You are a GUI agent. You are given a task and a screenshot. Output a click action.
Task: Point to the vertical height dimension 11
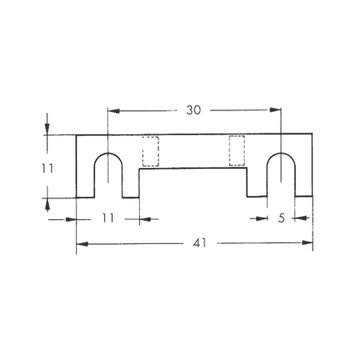coord(47,167)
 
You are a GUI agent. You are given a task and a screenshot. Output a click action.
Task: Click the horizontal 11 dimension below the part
coord(108,217)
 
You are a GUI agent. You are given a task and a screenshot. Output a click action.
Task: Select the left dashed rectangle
coord(150,151)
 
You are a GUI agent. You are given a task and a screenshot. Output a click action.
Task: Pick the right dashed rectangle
coord(237,151)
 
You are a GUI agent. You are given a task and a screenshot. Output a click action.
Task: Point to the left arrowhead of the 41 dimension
coord(80,243)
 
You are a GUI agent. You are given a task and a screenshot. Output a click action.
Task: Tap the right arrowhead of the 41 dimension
coord(309,243)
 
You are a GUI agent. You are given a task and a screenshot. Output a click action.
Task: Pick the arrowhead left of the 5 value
coord(262,217)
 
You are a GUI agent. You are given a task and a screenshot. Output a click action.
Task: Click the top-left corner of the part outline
coord(77,134)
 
